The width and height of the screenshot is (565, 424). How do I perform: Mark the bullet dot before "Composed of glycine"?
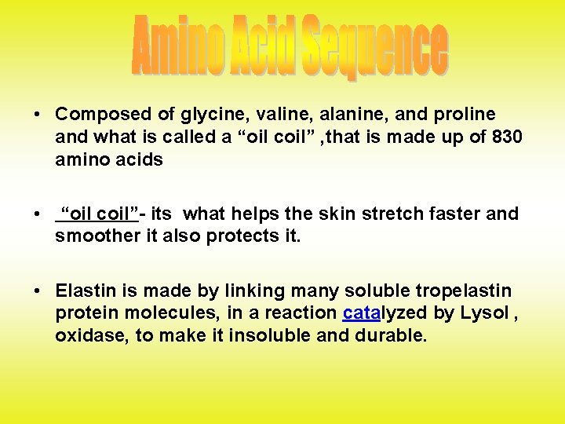37,115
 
